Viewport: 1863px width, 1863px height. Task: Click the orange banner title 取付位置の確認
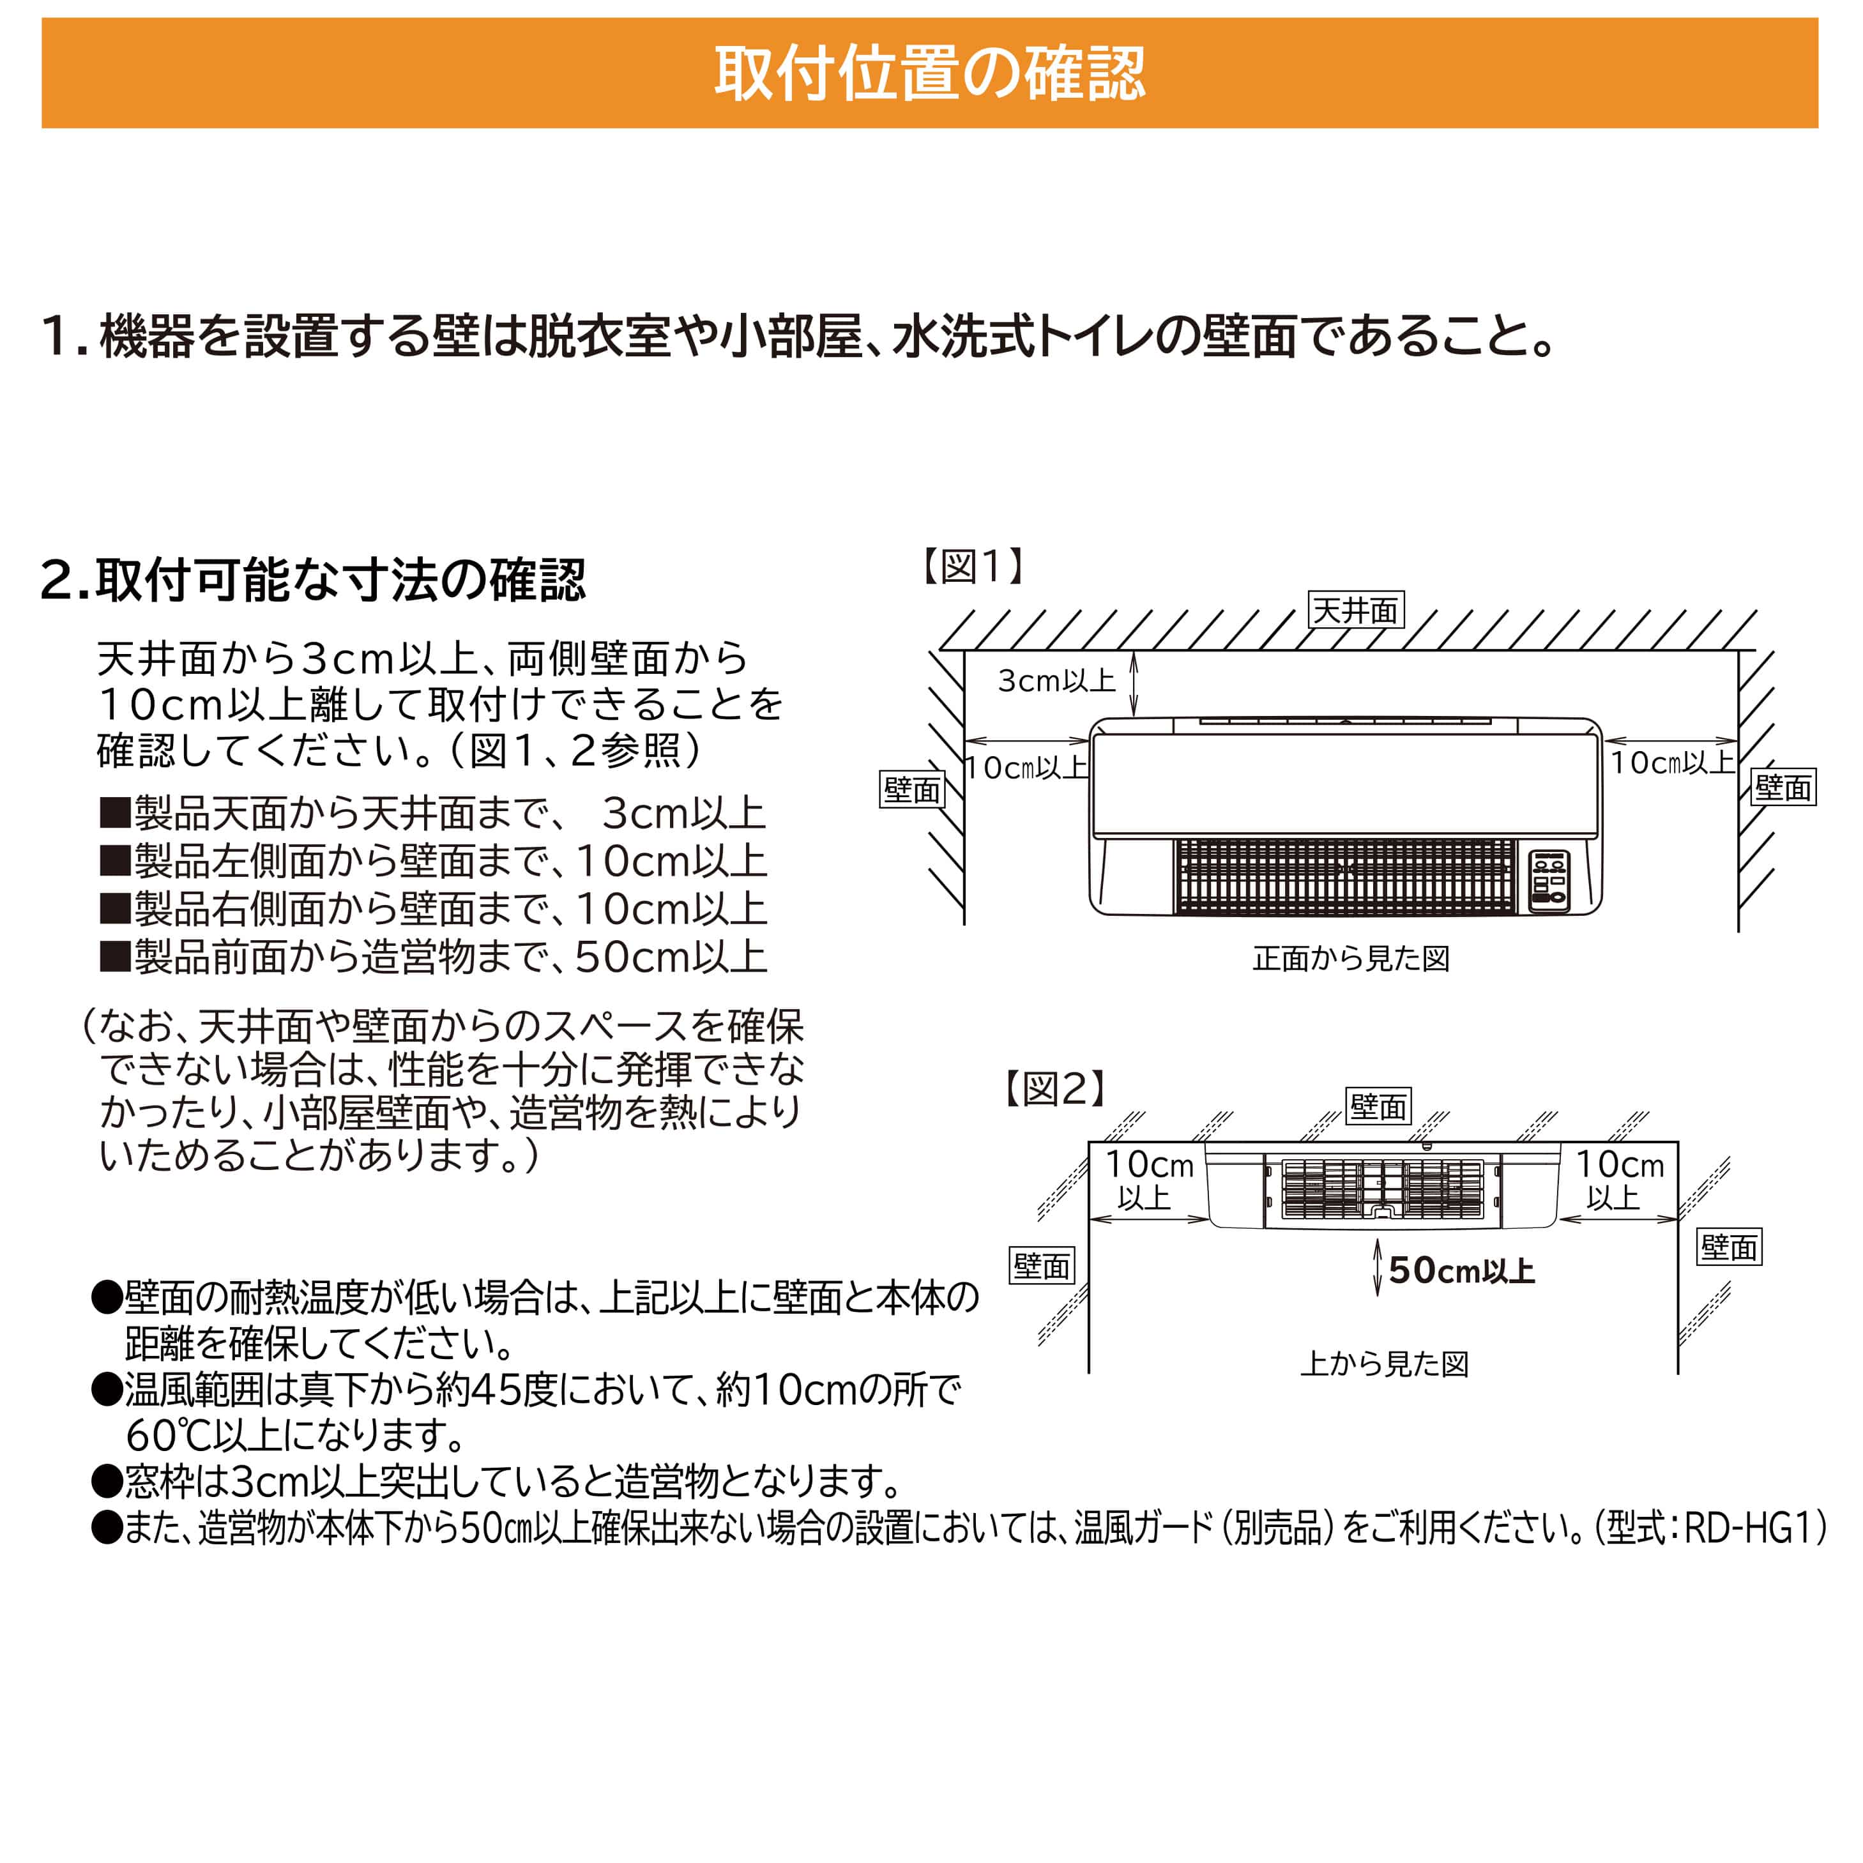(929, 74)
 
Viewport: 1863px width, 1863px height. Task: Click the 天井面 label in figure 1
(1355, 611)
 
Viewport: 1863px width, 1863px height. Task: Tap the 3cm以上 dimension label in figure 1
(1056, 681)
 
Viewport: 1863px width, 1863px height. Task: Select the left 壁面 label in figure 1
(912, 790)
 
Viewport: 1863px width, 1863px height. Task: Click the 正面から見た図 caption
(1351, 959)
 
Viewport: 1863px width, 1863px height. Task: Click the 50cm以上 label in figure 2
(1461, 1271)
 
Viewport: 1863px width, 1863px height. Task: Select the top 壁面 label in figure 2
(1378, 1106)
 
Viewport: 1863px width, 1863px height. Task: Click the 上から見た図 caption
(1384, 1364)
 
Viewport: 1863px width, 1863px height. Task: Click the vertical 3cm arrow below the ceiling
(1134, 683)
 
